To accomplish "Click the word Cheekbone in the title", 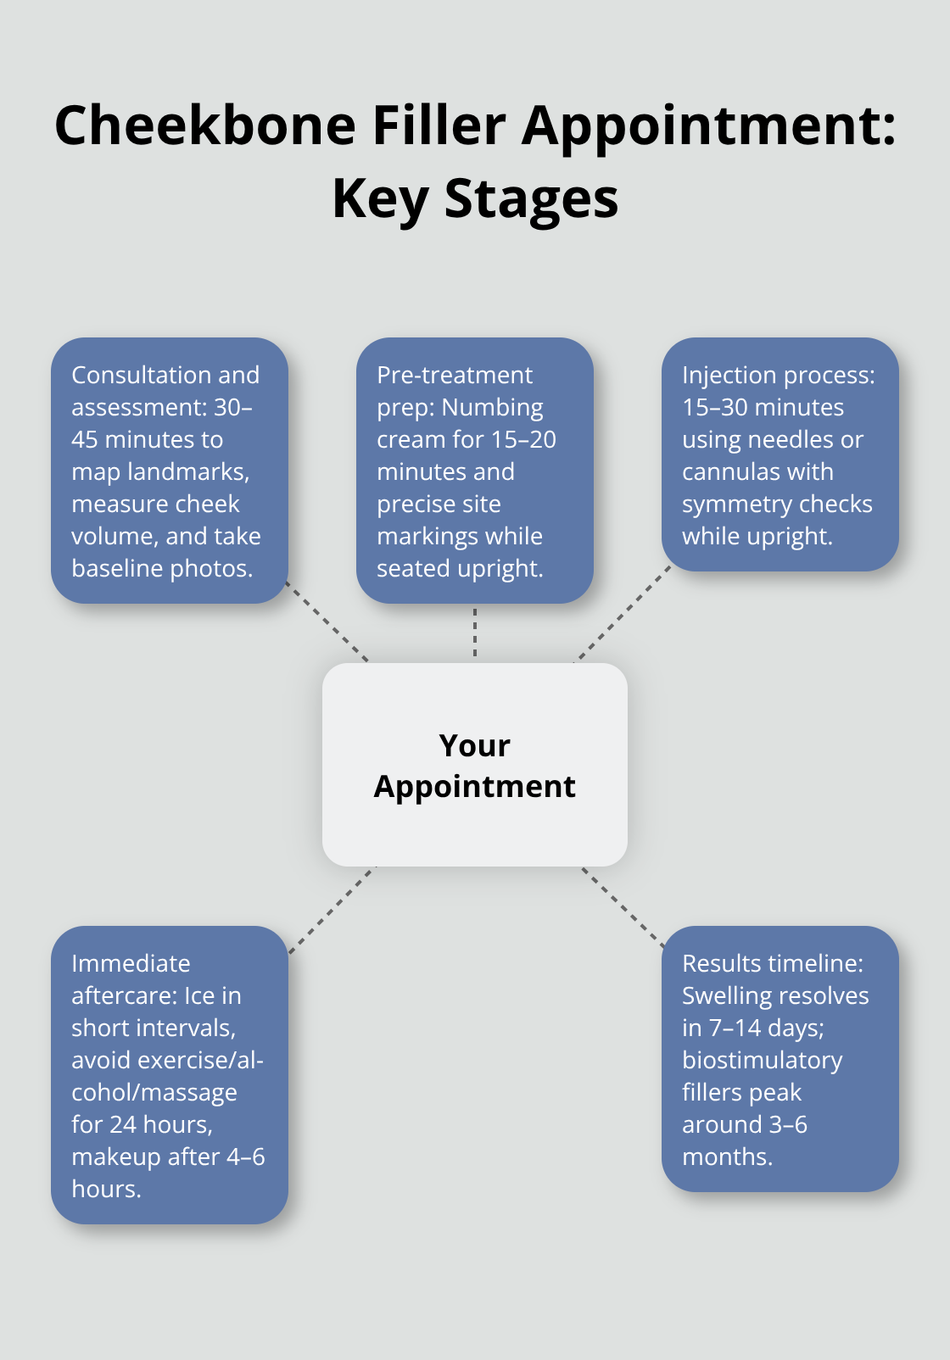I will pyautogui.click(x=205, y=125).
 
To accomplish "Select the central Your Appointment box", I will pyautogui.click(x=475, y=765).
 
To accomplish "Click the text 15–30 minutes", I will pyautogui.click(x=763, y=407).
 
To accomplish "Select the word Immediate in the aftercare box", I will pyautogui.click(x=131, y=963).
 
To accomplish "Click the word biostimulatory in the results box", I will pyautogui.click(x=762, y=1060).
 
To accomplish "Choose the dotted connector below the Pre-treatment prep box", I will pyautogui.click(x=475, y=633).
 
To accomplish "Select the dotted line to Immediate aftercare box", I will pyautogui.click(x=332, y=909).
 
